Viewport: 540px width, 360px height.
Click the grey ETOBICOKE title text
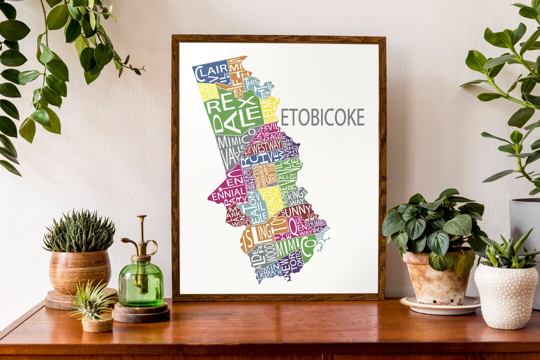(x=322, y=117)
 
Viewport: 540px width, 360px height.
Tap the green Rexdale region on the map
(x=232, y=112)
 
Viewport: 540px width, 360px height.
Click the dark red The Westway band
(x=265, y=147)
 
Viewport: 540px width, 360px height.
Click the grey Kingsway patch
(x=296, y=196)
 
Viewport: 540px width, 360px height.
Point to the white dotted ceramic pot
(x=505, y=295)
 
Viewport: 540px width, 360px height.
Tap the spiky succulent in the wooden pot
(x=79, y=232)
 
